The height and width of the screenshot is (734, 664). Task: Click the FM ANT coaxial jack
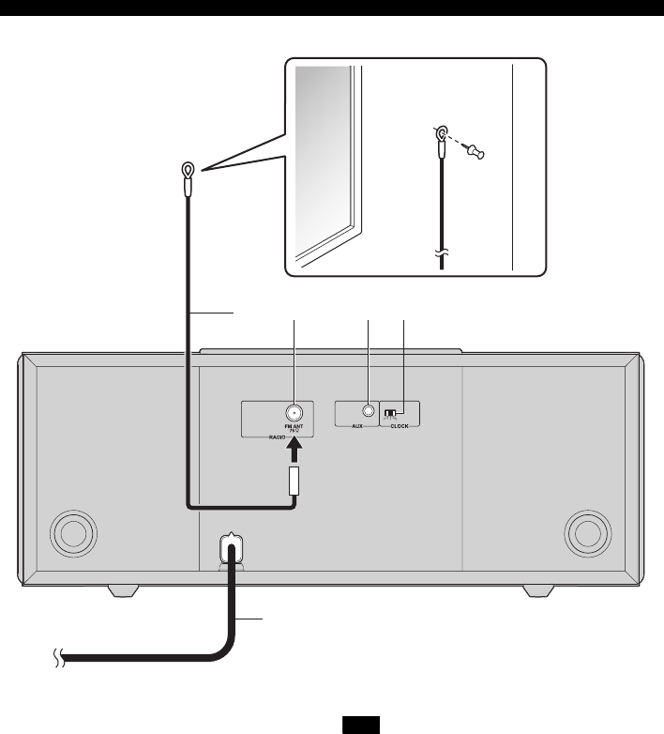[294, 411]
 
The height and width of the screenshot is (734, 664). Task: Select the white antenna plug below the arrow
[294, 482]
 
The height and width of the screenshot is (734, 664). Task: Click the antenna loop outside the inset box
[188, 170]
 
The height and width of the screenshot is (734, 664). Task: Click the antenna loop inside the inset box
[440, 135]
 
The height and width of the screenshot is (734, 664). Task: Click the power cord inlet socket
[231, 544]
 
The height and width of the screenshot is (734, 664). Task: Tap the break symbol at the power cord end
[56, 660]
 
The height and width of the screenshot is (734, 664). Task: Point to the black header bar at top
[332, 9]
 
